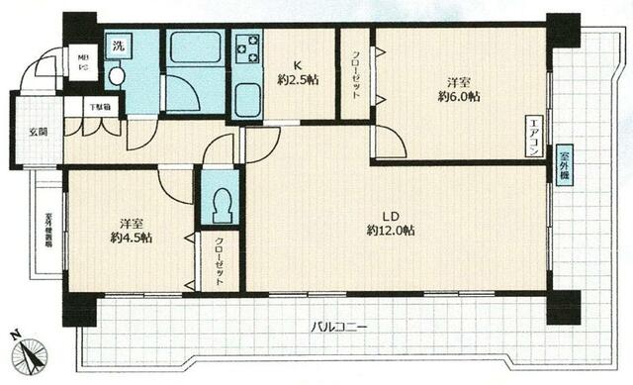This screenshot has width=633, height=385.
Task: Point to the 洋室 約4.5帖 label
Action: click(x=131, y=231)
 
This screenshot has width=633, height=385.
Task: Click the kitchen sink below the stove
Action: click(x=246, y=100)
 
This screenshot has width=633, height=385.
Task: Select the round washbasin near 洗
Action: click(x=116, y=75)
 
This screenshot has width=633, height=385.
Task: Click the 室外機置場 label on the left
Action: click(x=47, y=235)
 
